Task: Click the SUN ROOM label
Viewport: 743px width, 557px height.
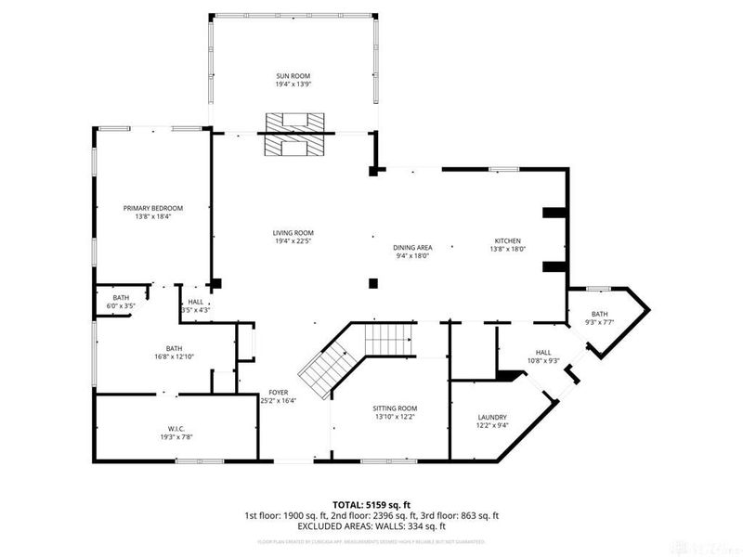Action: tap(293, 76)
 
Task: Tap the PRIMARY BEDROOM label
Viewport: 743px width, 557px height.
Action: tap(153, 208)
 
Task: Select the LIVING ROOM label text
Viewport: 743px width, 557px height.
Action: tap(293, 233)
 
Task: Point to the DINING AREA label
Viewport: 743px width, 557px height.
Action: tap(413, 247)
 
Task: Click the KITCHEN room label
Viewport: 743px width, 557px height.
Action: tap(507, 241)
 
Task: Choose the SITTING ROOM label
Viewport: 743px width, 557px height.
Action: tap(395, 408)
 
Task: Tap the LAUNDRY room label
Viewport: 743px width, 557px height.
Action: tap(491, 418)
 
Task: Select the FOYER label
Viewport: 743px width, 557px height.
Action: tap(279, 393)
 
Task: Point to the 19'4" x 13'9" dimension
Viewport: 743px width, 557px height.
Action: tap(293, 84)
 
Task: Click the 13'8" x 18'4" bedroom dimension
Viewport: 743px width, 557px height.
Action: tap(153, 216)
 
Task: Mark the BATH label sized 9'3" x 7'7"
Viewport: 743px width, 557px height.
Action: tap(599, 315)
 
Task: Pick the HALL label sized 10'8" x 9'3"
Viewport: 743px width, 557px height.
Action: tap(543, 353)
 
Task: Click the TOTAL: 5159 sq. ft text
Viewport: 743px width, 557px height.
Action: tap(371, 504)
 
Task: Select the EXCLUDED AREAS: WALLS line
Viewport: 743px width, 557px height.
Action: tap(371, 525)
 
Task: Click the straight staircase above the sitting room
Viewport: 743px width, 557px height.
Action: tap(387, 339)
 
